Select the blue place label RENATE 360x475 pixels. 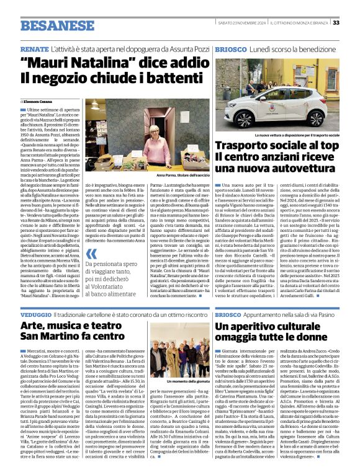coord(34,48)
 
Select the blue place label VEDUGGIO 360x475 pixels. coord(38,314)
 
